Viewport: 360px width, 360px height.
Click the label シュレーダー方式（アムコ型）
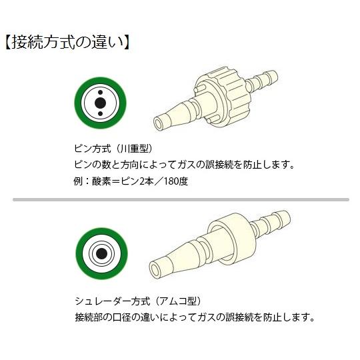point(147,301)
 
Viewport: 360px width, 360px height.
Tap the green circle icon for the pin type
point(99,103)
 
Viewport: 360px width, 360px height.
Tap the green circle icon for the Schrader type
point(100,253)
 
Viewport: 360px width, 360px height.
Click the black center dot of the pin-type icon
point(99,103)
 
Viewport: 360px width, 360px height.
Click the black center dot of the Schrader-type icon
point(100,253)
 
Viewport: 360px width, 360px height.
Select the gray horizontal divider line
point(180,199)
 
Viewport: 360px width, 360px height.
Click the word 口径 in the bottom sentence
point(127,317)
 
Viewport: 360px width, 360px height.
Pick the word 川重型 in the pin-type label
point(139,148)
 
